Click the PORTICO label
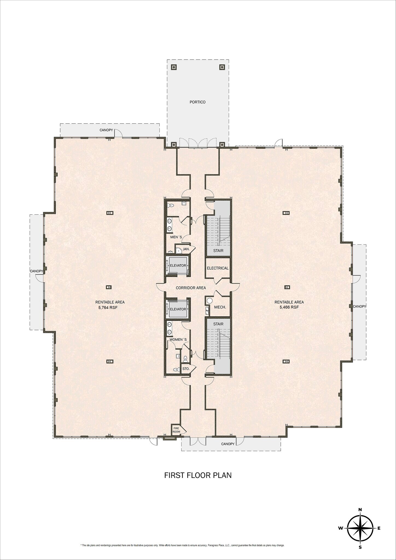pos(197,102)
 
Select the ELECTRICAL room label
pos(218,268)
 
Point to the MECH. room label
pos(220,307)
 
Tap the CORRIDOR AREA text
pos(191,288)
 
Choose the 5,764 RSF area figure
pos(110,307)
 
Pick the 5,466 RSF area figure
pos(289,307)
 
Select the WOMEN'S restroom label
pos(178,340)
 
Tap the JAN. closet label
pos(186,249)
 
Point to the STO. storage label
pos(186,369)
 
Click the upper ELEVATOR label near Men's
pos(178,266)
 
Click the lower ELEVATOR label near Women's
pos(178,309)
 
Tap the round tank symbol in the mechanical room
pos(210,301)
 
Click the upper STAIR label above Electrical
pos(218,250)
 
